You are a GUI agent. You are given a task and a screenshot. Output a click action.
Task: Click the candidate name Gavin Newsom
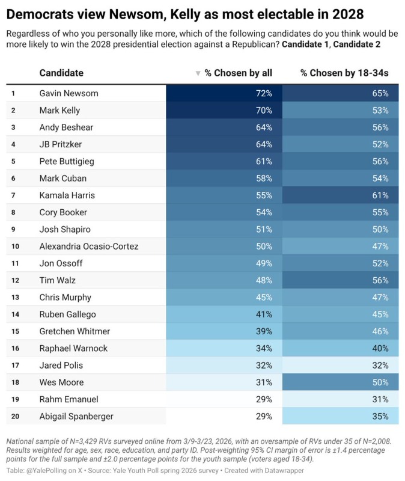pos(69,93)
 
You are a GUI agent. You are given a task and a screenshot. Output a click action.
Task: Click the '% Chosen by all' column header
pos(238,73)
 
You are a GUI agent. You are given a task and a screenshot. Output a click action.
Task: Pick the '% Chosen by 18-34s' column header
pos(344,73)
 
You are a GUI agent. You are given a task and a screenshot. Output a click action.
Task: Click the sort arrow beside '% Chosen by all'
pos(198,73)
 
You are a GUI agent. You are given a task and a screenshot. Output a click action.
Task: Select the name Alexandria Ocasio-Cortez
pos(88,247)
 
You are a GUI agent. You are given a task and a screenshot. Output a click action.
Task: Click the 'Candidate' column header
pos(61,73)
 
